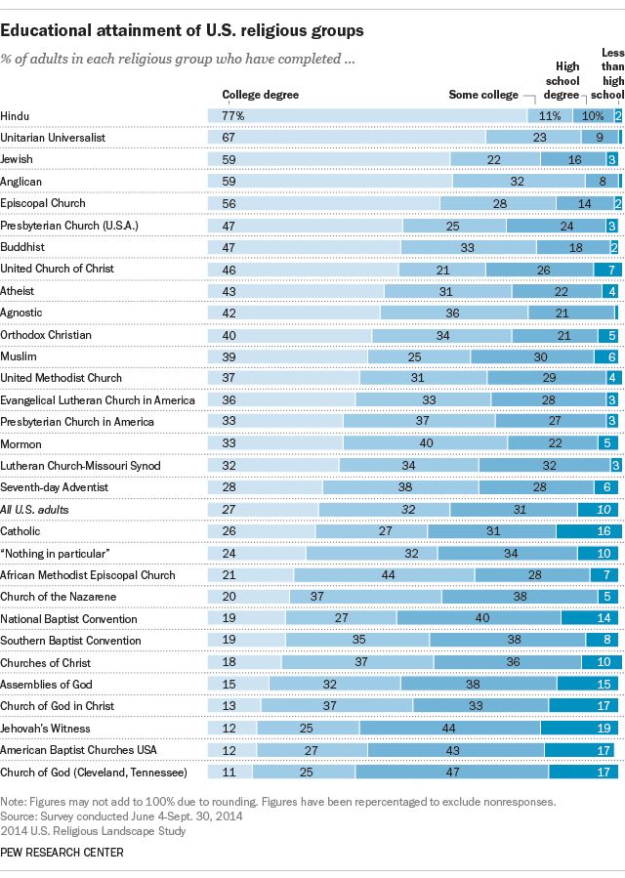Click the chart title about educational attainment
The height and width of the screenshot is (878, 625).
point(182,31)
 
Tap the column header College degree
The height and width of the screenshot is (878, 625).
point(261,95)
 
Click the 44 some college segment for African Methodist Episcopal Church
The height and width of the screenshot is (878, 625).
point(388,575)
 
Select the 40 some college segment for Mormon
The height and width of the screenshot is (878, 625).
point(426,443)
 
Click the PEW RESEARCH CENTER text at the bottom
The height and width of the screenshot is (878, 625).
point(62,853)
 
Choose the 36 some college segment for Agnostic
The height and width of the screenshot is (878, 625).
point(453,313)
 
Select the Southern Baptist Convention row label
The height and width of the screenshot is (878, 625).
point(71,641)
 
